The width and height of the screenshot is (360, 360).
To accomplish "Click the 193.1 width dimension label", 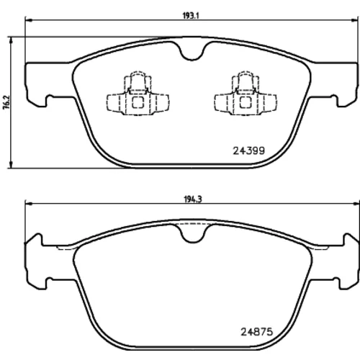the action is (191, 16).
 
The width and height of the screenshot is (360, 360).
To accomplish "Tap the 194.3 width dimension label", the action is (193, 199).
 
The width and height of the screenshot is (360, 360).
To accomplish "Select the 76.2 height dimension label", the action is (6, 102).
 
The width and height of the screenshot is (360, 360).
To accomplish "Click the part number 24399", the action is (249, 150).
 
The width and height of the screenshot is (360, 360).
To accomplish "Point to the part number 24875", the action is (257, 332).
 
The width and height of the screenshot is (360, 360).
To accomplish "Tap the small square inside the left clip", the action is (138, 102).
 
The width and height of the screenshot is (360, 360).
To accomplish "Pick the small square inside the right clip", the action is (246, 102).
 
